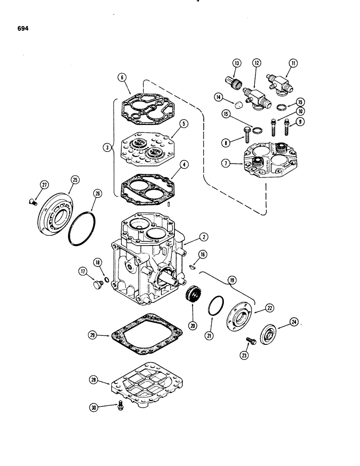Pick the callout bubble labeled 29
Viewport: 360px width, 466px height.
[93, 335]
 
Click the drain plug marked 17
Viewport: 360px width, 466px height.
[97, 285]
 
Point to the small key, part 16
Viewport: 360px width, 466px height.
[193, 267]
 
